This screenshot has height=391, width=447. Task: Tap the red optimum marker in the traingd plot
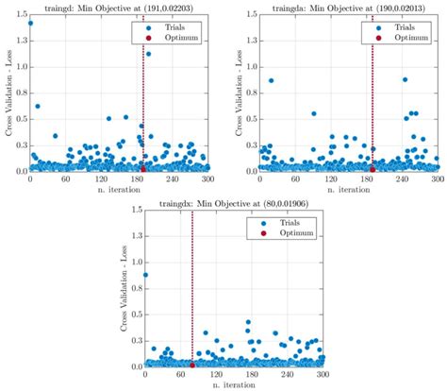pyautogui.click(x=142, y=169)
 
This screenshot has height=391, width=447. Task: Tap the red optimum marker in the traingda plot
pyautogui.click(x=372, y=169)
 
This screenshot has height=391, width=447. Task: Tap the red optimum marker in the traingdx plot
pyautogui.click(x=192, y=365)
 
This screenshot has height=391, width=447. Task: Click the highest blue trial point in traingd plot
pyautogui.click(x=31, y=23)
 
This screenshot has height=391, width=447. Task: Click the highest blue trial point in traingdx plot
pyautogui.click(x=145, y=275)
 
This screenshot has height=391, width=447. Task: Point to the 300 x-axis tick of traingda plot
pyautogui.click(x=439, y=178)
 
